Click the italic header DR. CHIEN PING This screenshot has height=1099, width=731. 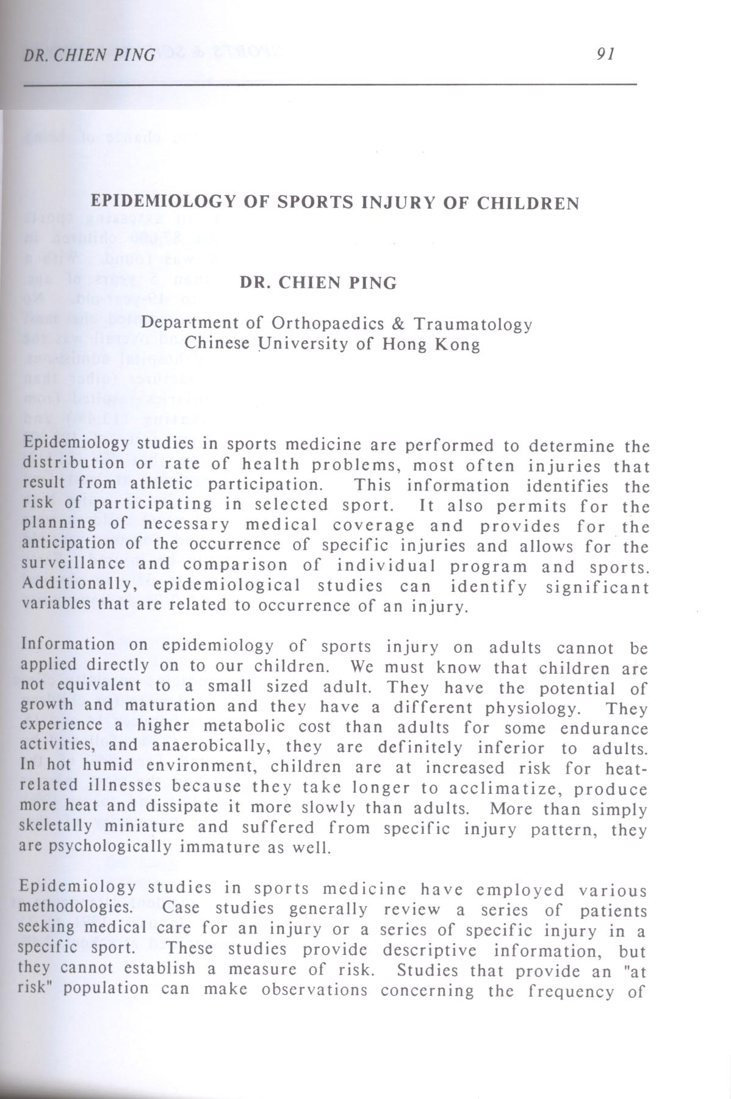pyautogui.click(x=88, y=55)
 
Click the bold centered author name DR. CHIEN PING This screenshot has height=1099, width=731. pyautogui.click(x=318, y=283)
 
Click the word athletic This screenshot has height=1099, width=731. pyautogui.click(x=160, y=484)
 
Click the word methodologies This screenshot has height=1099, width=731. pyautogui.click(x=76, y=907)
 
